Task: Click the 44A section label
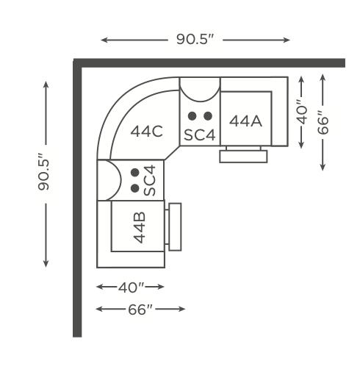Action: [245, 121]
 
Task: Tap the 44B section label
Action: [140, 227]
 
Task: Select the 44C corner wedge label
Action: [146, 132]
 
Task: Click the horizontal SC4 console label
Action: [200, 135]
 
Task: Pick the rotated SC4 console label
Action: [150, 180]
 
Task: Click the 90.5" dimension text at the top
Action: [195, 39]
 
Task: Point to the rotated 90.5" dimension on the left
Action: [44, 171]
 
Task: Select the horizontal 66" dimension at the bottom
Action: [140, 310]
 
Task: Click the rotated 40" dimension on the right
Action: [302, 112]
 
